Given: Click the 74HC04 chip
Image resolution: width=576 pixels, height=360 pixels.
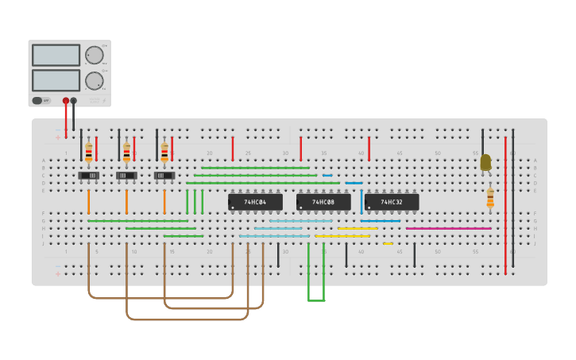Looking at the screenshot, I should pos(255,202).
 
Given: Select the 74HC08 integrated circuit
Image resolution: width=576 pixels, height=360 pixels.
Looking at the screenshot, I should pos(323,202).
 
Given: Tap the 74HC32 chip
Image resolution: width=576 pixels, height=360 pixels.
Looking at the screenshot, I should pos(391,202).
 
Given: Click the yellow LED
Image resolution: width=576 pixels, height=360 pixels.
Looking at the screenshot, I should pos(485,162).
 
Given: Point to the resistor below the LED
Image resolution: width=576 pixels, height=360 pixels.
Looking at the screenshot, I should pos(490,198).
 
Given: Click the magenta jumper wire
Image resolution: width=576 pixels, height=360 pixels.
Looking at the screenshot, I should pos(448,229).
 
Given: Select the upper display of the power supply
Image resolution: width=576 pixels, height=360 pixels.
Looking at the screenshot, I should pos(56,55).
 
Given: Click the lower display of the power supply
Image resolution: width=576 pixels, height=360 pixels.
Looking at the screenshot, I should pos(56,80).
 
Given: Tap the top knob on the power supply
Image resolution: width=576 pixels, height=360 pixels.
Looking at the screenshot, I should pos(94,55).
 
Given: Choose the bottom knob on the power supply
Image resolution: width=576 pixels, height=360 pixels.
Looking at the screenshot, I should pos(94,80).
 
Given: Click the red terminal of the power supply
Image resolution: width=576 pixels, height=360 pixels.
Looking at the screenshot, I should pos(66,101).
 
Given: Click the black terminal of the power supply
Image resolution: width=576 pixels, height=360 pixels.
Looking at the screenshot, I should pos(74,101).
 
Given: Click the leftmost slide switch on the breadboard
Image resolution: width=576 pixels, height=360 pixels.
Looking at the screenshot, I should pos(89,176).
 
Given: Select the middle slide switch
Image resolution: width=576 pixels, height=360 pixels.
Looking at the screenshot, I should pos(126,176).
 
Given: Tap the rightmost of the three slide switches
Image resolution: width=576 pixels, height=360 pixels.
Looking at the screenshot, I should pos(164,176).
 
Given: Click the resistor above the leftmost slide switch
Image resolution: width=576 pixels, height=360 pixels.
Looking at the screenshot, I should pos(88,151).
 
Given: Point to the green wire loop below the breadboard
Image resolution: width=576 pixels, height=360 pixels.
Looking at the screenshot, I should pos(316,299).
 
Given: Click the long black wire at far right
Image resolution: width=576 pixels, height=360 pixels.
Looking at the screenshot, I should pos(512,199).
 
